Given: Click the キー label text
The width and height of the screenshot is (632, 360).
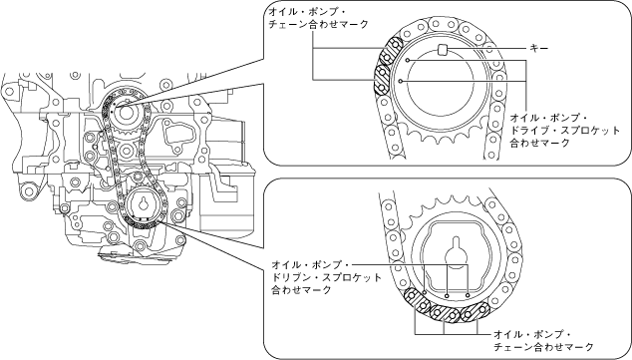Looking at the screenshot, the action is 539,49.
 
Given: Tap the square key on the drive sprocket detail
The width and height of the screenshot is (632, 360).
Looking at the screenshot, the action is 443,49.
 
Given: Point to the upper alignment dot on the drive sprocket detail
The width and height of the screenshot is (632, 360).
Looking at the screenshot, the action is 408,61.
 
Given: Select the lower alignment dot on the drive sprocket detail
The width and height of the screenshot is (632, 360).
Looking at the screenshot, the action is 401,81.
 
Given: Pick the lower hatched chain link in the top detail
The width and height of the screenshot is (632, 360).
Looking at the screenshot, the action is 381,80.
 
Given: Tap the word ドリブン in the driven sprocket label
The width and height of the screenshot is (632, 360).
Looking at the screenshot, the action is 290,278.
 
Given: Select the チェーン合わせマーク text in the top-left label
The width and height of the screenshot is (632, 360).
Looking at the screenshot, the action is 318,25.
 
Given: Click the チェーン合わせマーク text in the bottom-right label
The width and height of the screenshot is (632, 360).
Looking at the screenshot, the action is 543,347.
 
